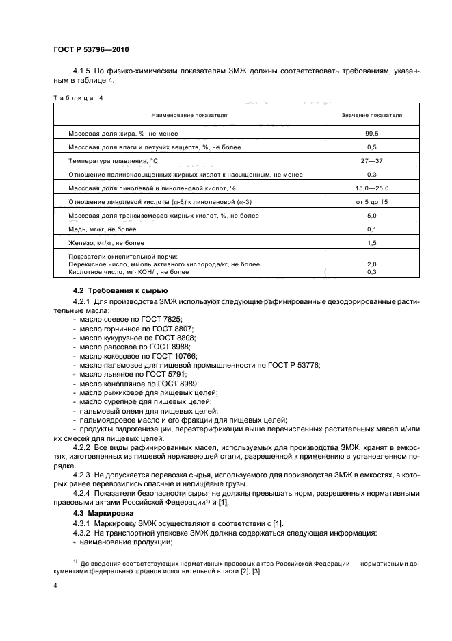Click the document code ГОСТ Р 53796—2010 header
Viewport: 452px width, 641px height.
click(90, 51)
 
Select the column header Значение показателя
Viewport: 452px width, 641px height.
click(372, 116)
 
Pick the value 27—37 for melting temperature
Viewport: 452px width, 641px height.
click(372, 161)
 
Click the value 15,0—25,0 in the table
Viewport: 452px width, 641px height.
click(372, 187)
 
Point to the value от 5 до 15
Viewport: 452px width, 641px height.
click(372, 201)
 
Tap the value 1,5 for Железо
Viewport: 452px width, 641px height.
click(372, 242)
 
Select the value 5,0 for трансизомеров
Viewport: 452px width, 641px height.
click(372, 215)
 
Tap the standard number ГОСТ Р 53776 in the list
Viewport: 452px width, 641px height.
click(291, 366)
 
